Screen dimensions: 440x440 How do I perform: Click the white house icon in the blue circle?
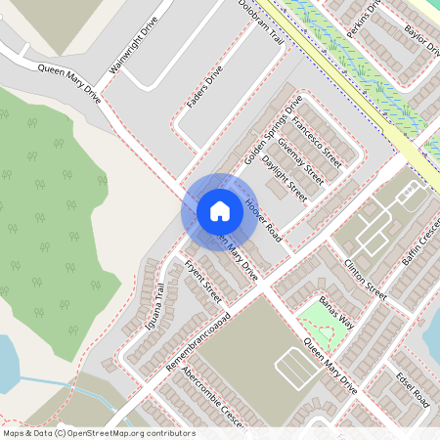[220, 211]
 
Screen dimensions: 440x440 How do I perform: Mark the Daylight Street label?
[286, 178]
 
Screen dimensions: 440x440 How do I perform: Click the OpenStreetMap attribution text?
[98, 433]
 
